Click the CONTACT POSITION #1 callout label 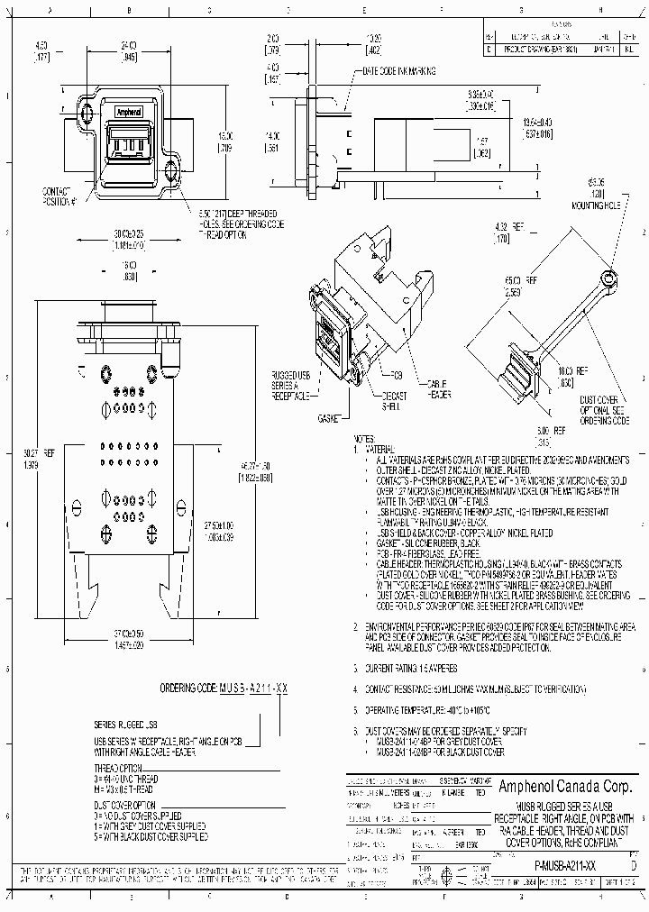click(56, 196)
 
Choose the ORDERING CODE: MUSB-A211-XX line click(224, 689)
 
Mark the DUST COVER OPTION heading click(124, 804)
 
